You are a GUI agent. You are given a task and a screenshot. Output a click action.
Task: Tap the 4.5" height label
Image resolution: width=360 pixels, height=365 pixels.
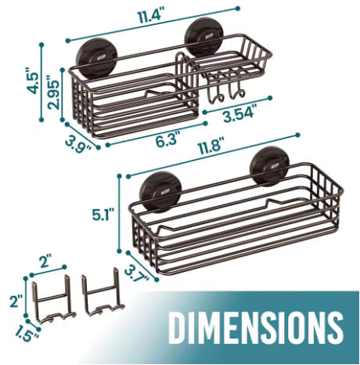34,81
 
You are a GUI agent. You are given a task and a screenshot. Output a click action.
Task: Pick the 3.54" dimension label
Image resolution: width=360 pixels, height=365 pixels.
239,114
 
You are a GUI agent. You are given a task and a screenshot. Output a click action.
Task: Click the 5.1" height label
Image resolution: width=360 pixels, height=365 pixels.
103,215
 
